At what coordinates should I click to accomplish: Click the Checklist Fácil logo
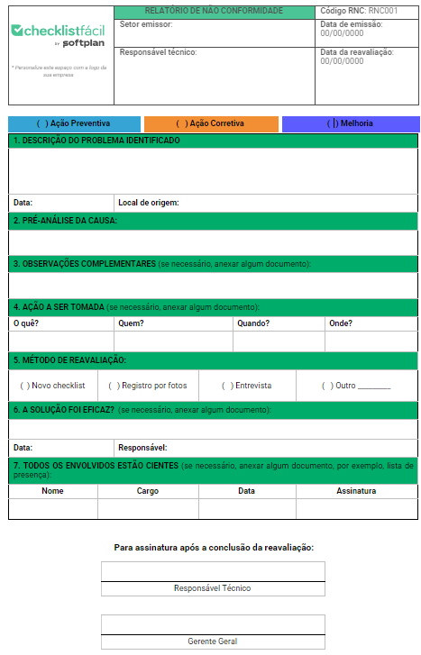58,32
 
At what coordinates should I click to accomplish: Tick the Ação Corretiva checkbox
181,123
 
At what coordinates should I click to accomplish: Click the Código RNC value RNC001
383,11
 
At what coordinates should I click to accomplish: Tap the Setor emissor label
145,24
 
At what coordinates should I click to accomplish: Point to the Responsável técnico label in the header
158,52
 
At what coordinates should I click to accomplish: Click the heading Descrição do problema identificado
96,141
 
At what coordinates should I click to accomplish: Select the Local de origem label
148,203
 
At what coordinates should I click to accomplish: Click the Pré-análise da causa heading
65,220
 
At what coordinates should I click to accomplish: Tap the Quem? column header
131,323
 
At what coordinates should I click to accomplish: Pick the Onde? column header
341,323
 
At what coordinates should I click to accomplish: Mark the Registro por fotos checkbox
114,386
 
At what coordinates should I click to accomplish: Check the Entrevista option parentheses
227,386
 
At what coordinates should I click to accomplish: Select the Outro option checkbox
327,386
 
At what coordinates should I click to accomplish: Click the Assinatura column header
356,491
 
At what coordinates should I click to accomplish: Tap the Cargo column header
148,491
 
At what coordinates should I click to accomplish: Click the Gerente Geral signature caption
213,641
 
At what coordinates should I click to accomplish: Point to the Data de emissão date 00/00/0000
343,32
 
